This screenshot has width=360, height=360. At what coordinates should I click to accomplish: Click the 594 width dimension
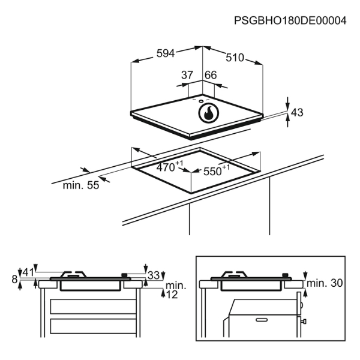pos(165,53)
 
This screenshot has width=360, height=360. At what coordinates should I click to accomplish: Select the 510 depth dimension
pos(235,58)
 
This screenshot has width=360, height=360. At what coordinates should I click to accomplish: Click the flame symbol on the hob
pos(208,113)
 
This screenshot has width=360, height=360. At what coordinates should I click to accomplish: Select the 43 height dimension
pos(296,112)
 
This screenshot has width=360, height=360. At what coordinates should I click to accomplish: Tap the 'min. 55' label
pos(80,185)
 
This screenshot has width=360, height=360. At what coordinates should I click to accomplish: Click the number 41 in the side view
pos(28,274)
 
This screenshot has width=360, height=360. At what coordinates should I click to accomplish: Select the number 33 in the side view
pos(154,275)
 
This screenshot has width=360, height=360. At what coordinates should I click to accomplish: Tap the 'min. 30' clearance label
pos(325,283)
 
